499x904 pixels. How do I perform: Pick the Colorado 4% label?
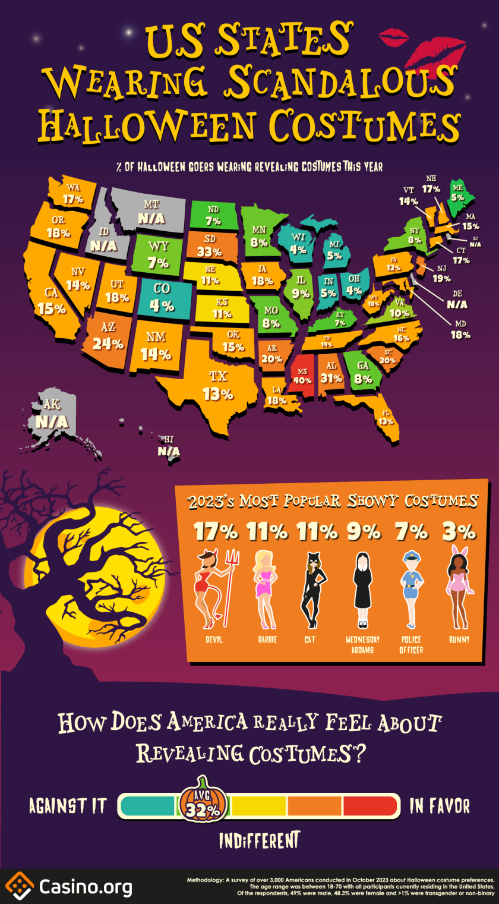click(x=162, y=306)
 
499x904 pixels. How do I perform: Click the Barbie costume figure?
click(x=266, y=588)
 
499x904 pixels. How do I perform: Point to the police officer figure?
click(x=410, y=588)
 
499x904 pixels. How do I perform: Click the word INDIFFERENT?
click(x=258, y=841)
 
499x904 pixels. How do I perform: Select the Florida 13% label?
click(x=386, y=421)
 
